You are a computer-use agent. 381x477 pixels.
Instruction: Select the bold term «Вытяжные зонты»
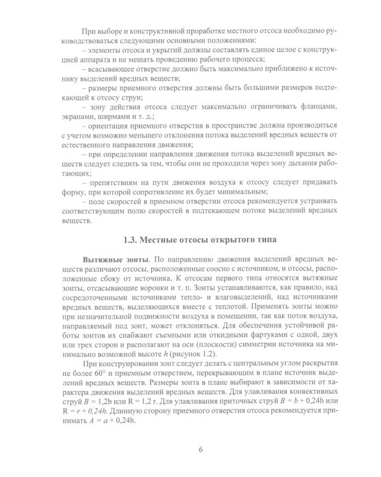[114, 262]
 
